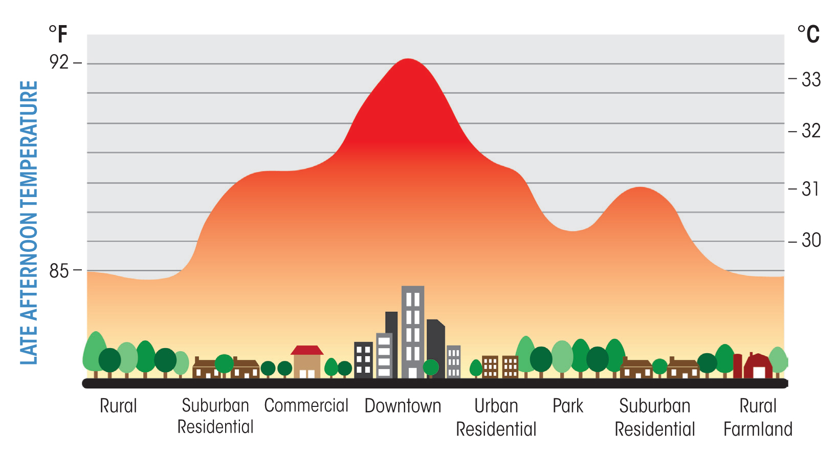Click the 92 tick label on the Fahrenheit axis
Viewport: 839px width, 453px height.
[x=59, y=62]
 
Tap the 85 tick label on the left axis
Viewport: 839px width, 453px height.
[x=59, y=271]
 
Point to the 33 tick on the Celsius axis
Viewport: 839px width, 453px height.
[x=811, y=79]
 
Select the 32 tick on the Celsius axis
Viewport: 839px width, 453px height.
[x=811, y=131]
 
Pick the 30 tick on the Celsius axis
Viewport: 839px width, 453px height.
[x=811, y=240]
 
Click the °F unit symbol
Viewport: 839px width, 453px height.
[x=58, y=34]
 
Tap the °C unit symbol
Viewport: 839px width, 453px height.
[x=808, y=34]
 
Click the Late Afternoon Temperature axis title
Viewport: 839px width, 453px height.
[x=29, y=223]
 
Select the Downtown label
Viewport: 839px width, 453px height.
[x=403, y=406]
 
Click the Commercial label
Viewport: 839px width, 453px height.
[x=306, y=405]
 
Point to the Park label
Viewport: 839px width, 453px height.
[x=568, y=406]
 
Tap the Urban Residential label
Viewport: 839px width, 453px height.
[x=496, y=417]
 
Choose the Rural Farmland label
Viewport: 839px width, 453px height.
[x=758, y=417]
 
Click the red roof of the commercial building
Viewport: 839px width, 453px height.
[x=307, y=350]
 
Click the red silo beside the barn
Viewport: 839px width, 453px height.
[x=737, y=365]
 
